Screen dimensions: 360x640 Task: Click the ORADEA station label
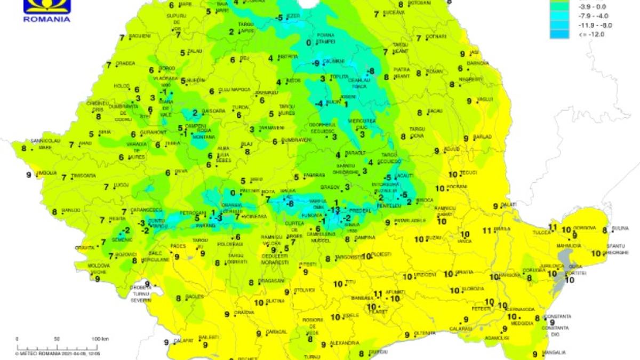pyautogui.click(x=125, y=63)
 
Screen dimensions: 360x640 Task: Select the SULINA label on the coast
pyautogui.click(x=620, y=229)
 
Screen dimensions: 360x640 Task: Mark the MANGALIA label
pyautogui.click(x=553, y=353)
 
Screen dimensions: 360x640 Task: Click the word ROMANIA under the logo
pyautogui.click(x=47, y=19)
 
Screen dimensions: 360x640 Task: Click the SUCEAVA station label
pyautogui.click(x=394, y=12)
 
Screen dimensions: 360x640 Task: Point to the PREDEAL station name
pyautogui.click(x=359, y=211)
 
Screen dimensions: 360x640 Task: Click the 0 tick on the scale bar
pyautogui.click(x=17, y=339)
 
